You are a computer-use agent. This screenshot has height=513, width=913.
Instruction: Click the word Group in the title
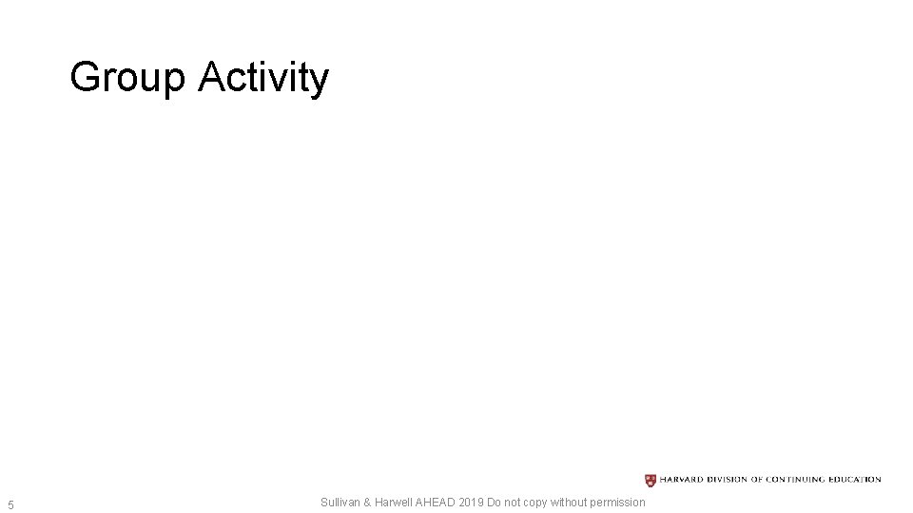[128, 78]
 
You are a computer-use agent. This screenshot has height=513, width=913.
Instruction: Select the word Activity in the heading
[263, 78]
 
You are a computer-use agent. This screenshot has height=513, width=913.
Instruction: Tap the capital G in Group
[86, 77]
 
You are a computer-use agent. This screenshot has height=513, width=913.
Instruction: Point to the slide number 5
[10, 503]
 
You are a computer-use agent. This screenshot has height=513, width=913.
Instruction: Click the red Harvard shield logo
[651, 480]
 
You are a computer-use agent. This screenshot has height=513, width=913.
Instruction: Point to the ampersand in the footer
[368, 502]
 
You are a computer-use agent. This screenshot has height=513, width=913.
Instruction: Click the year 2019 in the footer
[472, 502]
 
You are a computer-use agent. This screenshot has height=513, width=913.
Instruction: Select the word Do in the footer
[495, 502]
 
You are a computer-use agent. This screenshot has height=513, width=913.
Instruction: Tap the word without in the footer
[569, 502]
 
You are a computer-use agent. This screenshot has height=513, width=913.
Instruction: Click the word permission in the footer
[616, 503]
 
